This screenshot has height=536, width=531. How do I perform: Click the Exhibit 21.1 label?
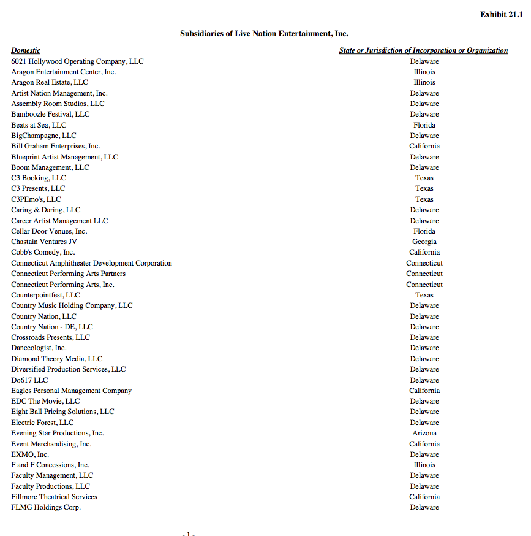[501, 14]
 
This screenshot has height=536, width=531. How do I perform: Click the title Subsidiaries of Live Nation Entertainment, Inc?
[264, 34]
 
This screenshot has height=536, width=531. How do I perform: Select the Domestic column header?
[26, 50]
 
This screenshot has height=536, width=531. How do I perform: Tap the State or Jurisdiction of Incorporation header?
[423, 50]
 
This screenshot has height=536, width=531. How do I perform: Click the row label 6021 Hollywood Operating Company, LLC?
[77, 61]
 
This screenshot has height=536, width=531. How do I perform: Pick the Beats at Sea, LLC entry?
[39, 125]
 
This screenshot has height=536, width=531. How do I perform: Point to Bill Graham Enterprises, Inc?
[55, 146]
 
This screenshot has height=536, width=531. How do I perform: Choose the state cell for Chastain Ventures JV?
[424, 242]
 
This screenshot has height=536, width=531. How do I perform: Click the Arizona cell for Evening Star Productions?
[424, 433]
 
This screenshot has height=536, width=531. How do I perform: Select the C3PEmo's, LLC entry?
[36, 199]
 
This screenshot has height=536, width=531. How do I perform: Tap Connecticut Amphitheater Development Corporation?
[91, 263]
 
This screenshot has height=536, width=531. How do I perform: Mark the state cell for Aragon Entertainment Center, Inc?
[424, 72]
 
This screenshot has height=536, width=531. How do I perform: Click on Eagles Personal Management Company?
[71, 391]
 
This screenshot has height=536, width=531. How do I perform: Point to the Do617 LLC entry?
[29, 380]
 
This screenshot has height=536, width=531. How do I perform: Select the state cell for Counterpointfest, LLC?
[424, 295]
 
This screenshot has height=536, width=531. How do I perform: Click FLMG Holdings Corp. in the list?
[46, 507]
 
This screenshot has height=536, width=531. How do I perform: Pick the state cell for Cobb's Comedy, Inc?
[424, 252]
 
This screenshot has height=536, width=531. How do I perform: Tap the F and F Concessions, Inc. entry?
[50, 465]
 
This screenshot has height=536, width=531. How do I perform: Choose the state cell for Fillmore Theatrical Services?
[424, 497]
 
